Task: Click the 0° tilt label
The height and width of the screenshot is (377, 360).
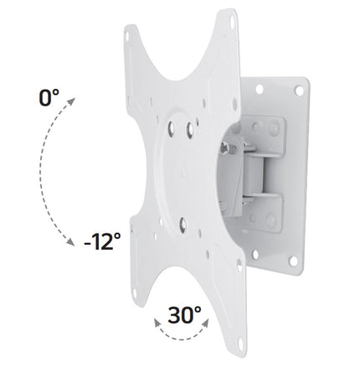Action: (x=49, y=98)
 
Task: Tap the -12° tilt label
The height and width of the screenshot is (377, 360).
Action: (x=102, y=241)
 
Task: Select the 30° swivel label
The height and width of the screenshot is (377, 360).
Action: (x=184, y=315)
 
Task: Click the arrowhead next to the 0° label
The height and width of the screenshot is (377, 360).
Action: (x=71, y=101)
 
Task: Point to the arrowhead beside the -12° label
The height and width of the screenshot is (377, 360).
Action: (x=70, y=242)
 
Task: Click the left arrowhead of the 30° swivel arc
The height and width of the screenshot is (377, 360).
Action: (x=157, y=323)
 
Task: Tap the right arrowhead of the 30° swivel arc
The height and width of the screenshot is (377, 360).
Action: (x=205, y=323)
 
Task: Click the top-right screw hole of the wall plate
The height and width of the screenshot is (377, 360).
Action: (x=299, y=90)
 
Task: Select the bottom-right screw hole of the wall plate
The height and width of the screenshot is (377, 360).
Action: (x=293, y=261)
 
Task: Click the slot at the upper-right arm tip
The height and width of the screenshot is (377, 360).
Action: (x=232, y=22)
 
